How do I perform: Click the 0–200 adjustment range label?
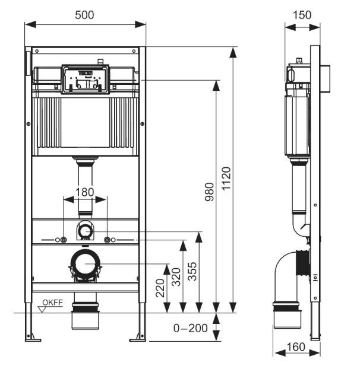point(191,328)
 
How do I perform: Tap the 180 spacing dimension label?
point(85,192)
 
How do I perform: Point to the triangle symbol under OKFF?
point(43,309)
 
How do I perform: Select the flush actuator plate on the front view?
point(85,78)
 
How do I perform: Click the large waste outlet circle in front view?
point(86,264)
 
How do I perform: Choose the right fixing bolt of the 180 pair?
point(108,240)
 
